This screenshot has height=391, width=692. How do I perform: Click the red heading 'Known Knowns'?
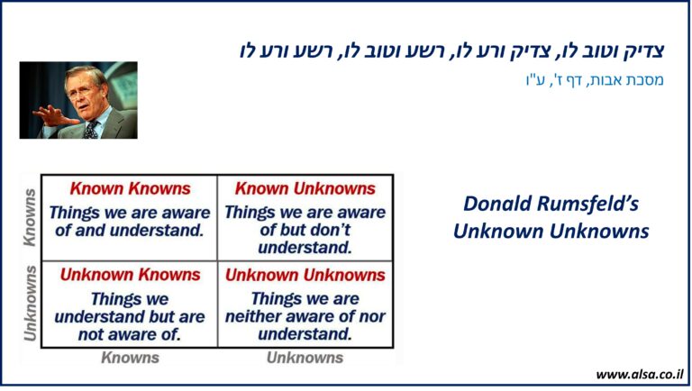click(x=130, y=188)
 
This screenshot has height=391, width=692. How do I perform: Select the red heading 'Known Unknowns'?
click(x=305, y=188)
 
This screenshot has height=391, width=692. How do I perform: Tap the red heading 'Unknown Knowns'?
click(x=130, y=275)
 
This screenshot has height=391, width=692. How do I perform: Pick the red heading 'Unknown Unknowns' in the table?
click(x=305, y=275)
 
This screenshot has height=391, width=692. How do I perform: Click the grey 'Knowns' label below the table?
click(x=130, y=358)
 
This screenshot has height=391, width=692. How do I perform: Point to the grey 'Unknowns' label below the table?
click(x=305, y=358)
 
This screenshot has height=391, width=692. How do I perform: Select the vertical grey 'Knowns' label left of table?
click(x=30, y=217)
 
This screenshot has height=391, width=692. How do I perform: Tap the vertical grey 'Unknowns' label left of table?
click(x=30, y=304)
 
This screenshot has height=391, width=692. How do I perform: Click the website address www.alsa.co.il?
click(x=640, y=375)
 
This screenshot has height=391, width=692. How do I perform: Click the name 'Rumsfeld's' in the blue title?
click(x=587, y=204)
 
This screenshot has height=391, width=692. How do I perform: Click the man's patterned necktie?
click(x=92, y=130)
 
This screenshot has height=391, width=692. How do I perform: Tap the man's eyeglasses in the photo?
click(x=81, y=91)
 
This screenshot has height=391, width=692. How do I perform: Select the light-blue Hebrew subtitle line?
click(x=595, y=80)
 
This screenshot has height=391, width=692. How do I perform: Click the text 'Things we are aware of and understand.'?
click(x=130, y=221)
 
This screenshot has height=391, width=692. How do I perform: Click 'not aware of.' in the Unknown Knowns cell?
click(x=130, y=334)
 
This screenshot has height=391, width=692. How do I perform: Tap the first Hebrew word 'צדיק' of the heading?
click(x=643, y=50)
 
